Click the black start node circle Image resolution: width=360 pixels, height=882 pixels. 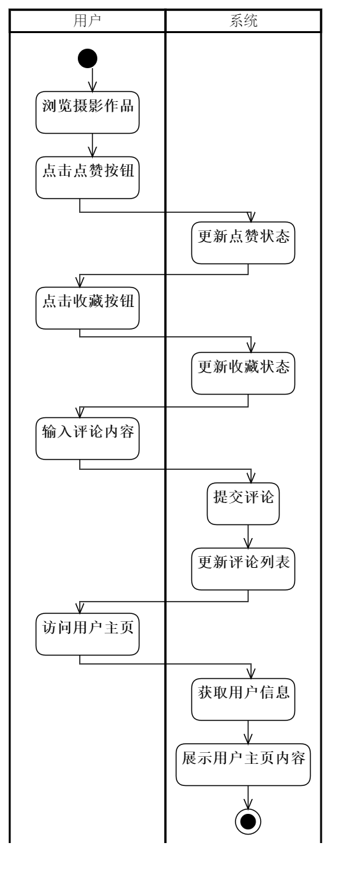[88, 58]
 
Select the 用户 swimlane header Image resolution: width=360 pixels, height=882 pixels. [88, 21]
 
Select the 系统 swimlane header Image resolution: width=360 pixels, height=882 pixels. [244, 21]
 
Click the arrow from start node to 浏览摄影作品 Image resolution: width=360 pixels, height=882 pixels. [93, 79]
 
